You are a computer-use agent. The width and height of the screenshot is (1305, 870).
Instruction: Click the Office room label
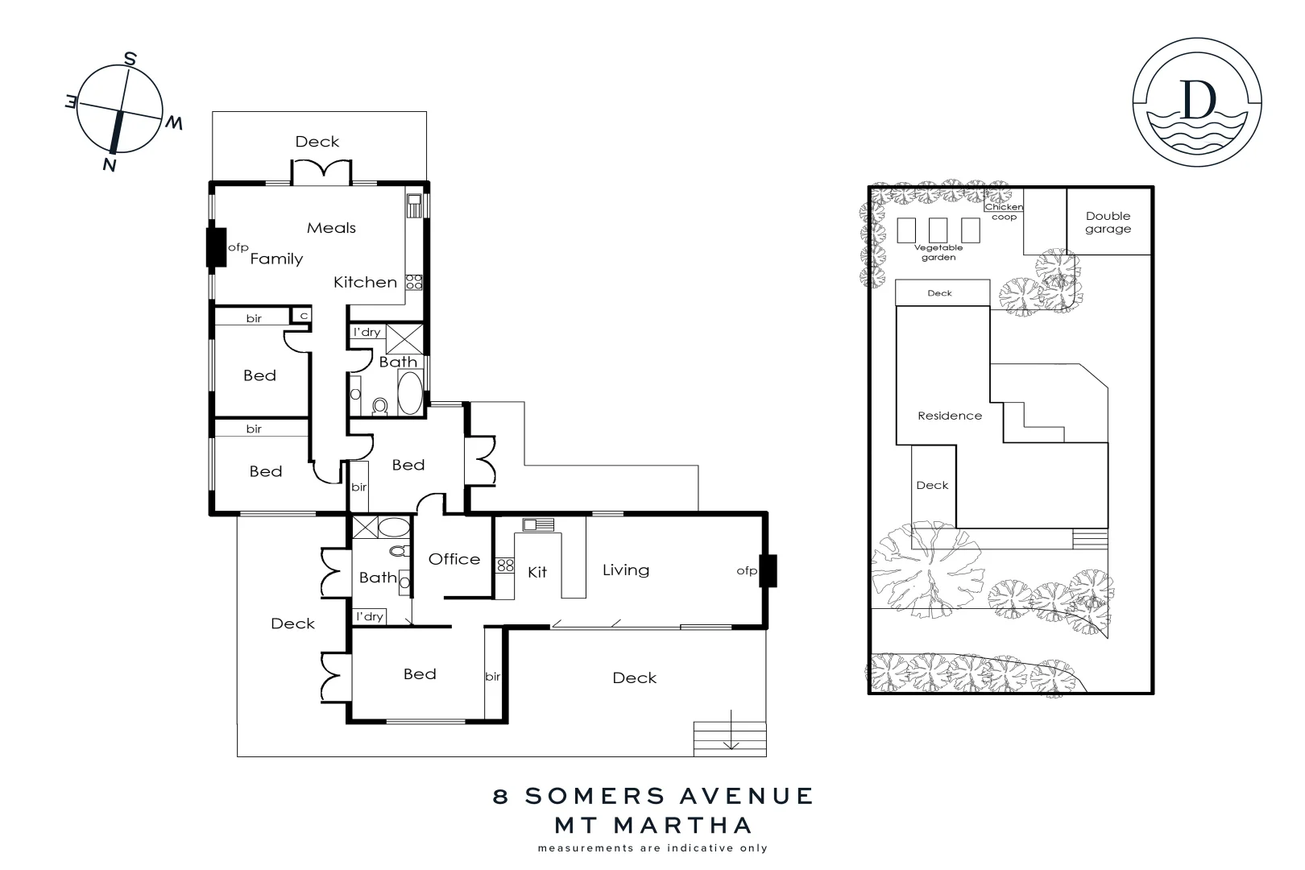454,559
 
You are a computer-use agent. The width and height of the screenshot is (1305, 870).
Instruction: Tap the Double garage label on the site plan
1108,222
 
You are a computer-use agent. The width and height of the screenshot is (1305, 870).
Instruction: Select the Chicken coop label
1004,212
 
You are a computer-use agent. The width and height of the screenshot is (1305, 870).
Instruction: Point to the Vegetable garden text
938,252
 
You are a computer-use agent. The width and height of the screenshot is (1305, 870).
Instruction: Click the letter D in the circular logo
1197,98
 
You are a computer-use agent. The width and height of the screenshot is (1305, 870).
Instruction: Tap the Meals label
331,228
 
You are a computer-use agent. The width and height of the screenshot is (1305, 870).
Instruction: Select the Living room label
625,570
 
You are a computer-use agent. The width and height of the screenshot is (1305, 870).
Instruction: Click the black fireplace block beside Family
216,247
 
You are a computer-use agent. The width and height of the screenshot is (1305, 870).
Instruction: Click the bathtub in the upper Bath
410,393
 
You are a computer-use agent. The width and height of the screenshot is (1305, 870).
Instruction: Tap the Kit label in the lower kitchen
537,572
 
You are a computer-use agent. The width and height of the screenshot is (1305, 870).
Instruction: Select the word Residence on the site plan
950,416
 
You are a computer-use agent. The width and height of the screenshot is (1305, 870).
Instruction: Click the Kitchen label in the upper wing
365,282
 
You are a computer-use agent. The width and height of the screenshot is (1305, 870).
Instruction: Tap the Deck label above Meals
317,142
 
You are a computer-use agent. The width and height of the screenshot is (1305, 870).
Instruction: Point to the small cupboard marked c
304,316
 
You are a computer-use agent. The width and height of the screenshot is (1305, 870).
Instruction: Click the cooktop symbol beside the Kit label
505,565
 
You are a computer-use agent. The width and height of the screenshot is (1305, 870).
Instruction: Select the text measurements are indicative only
652,848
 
